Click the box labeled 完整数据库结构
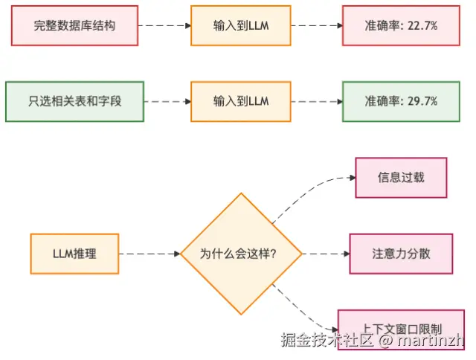coord(74,25)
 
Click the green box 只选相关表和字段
coord(74,100)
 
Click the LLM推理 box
coord(74,254)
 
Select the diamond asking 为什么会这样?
coord(240,254)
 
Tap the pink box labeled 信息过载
coord(401,178)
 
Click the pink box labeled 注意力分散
coord(401,254)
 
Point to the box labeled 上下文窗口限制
coord(401,328)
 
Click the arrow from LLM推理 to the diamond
coord(149,254)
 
